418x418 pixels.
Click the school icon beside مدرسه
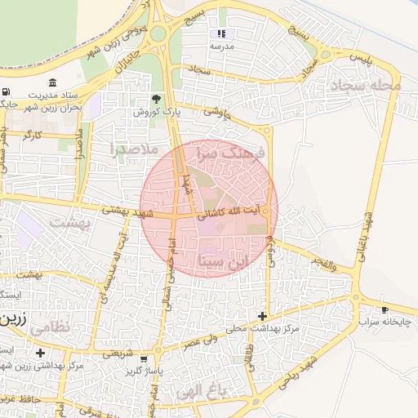click(220, 34)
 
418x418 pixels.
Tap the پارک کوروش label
click(156, 111)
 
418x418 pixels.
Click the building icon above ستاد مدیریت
click(53, 83)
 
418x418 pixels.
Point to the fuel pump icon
click(7, 91)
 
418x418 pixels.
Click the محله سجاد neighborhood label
click(364, 85)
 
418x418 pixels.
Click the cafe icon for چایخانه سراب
click(385, 310)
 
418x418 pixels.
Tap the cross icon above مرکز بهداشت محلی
click(262, 316)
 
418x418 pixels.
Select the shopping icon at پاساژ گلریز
click(145, 359)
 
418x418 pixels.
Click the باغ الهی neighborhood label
click(199, 392)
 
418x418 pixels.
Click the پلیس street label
click(360, 58)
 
